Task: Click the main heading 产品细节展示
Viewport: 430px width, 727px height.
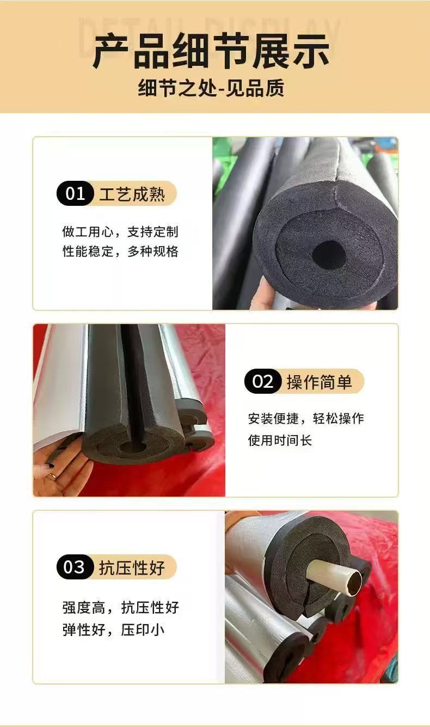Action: pyautogui.click(x=211, y=51)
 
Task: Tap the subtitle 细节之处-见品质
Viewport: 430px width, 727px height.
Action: pyautogui.click(x=211, y=88)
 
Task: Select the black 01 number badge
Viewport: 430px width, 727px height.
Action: pyautogui.click(x=75, y=193)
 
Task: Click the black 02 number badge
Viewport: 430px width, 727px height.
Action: pyautogui.click(x=263, y=381)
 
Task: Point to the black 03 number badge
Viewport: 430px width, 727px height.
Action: pyautogui.click(x=75, y=567)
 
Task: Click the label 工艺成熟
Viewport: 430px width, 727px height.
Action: pyautogui.click(x=132, y=194)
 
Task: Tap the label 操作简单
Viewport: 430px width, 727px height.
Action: pyautogui.click(x=320, y=381)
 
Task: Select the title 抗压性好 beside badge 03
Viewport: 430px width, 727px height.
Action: pyautogui.click(x=132, y=567)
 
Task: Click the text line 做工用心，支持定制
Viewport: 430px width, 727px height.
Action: pyautogui.click(x=120, y=232)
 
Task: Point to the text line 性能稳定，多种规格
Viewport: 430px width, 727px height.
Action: pyautogui.click(x=120, y=251)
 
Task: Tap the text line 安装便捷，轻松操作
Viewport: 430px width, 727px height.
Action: pyautogui.click(x=306, y=418)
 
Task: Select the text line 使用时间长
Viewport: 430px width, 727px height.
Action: pyautogui.click(x=280, y=441)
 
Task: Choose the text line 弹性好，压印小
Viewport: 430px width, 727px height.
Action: pyautogui.click(x=114, y=630)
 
